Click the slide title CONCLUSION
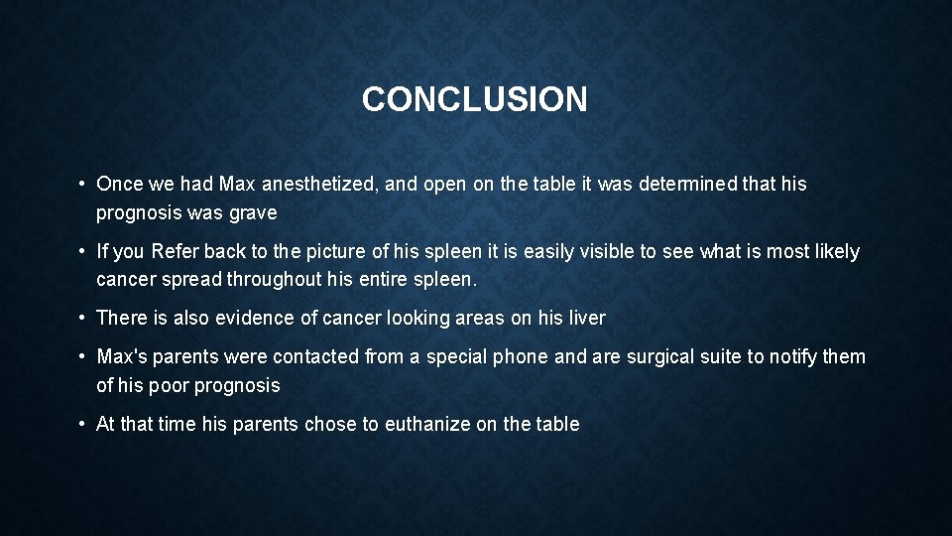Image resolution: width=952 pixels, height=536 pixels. tap(474, 99)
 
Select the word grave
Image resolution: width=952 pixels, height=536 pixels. tap(254, 212)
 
